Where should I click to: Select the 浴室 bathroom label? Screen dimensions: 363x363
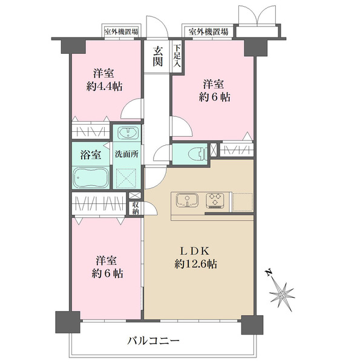click(91, 153)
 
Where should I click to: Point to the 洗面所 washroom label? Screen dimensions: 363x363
click(126, 153)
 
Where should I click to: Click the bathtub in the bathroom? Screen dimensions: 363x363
click(91, 178)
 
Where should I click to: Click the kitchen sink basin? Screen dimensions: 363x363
click(186, 199)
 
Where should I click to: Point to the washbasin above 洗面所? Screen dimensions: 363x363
click(127, 134)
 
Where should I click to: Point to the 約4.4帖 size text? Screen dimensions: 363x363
click(104, 87)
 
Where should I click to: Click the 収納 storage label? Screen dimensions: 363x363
click(136, 209)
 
